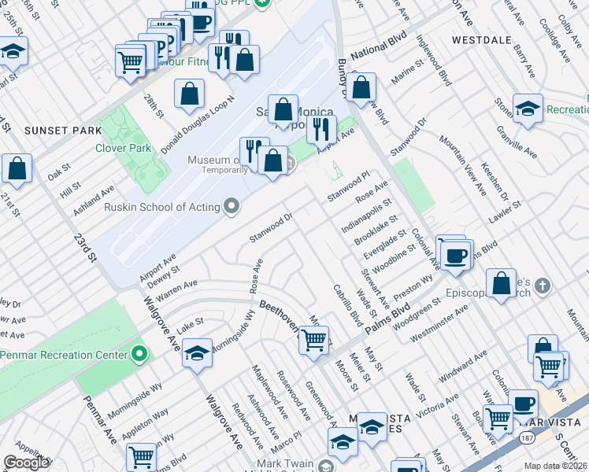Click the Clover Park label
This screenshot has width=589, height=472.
point(123,148)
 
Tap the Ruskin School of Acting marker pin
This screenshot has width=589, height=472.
point(232,207)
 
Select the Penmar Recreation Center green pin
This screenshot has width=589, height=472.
point(139,355)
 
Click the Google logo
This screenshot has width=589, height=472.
point(26,463)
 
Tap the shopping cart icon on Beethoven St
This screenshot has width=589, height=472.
point(314,340)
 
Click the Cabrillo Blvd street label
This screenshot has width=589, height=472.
point(346,306)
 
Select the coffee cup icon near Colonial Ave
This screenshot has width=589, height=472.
point(455,255)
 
